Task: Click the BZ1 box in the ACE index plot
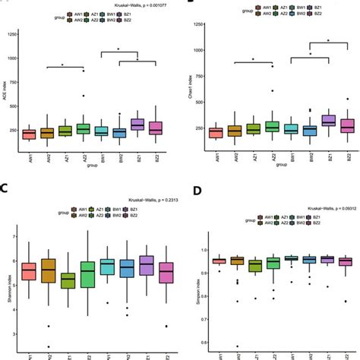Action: click(137, 124)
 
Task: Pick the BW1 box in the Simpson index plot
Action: click(290, 259)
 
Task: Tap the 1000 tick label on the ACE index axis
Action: click(11, 58)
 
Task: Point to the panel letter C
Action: click(5, 189)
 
